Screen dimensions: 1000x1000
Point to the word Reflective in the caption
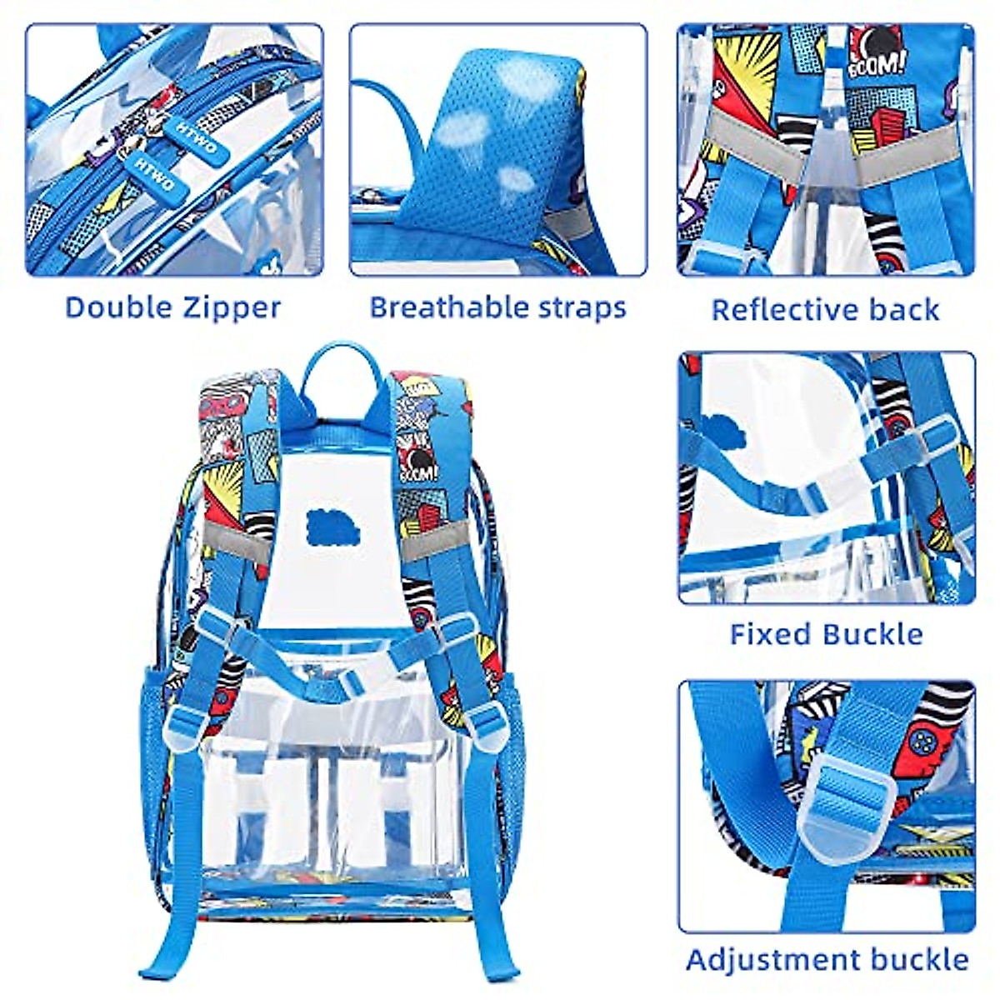772,309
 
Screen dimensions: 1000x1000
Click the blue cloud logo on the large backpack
334,525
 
